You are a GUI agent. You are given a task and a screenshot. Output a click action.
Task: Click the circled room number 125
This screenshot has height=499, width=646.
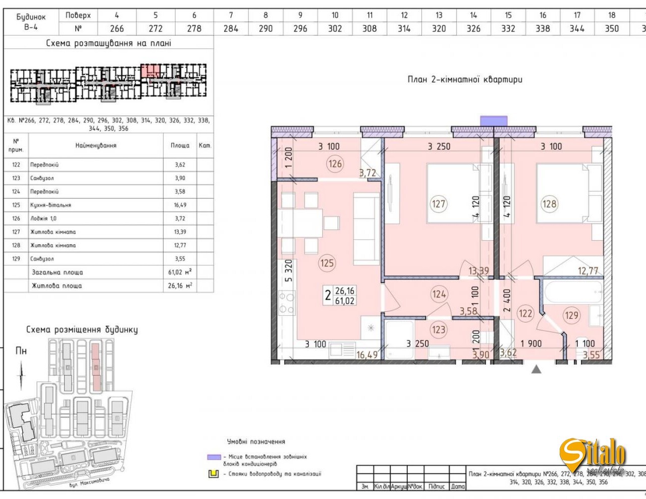click(x=327, y=263)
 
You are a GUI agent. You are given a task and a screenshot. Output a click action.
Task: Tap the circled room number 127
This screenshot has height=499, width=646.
click(x=438, y=204)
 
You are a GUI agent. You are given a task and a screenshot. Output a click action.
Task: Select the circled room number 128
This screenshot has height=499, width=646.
click(x=549, y=204)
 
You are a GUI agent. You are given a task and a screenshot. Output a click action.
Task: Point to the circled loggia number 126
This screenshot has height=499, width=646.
click(x=335, y=163)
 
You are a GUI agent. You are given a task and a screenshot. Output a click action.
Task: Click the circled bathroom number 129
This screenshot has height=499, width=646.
click(x=571, y=315)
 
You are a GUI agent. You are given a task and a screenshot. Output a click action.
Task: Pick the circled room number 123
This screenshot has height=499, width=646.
click(x=438, y=330)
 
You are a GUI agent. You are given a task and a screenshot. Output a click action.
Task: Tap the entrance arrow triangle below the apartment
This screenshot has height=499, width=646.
click(x=536, y=369)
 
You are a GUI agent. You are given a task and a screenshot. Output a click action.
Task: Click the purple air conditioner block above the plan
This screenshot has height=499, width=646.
click(x=494, y=121)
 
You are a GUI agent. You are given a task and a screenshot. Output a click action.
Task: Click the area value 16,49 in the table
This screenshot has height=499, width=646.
click(x=180, y=205)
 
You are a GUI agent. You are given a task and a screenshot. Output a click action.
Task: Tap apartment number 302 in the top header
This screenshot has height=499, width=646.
click(x=335, y=29)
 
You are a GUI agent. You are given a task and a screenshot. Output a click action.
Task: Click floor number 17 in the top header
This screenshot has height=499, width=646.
click(x=577, y=15)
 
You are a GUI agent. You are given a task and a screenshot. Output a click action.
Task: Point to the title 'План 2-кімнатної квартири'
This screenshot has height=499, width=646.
click(x=465, y=79)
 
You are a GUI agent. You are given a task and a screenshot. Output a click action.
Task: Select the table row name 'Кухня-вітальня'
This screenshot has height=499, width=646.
click(x=50, y=205)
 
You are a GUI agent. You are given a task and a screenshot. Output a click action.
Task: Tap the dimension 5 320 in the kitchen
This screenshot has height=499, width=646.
click(x=288, y=270)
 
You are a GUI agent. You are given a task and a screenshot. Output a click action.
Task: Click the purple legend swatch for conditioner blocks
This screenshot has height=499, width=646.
click(x=214, y=457)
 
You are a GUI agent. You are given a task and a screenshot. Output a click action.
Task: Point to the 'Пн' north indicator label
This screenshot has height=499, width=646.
click(x=21, y=351)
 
